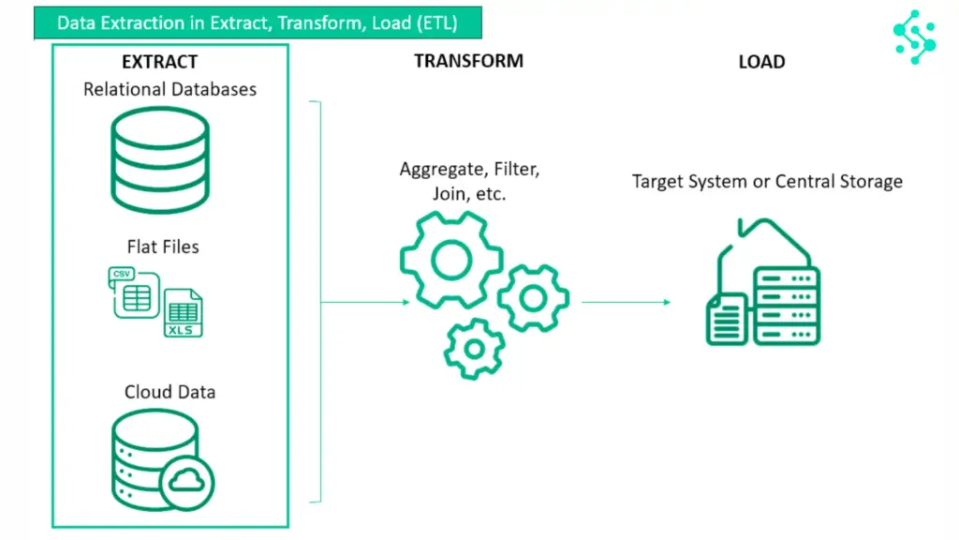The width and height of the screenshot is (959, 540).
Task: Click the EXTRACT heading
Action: pyautogui.click(x=160, y=62)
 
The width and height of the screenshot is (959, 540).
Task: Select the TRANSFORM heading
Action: pyautogui.click(x=468, y=61)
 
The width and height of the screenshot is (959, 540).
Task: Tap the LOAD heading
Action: pyautogui.click(x=761, y=62)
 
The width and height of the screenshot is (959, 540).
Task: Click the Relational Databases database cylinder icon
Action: pyautogui.click(x=160, y=160)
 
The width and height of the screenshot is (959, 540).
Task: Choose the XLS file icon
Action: pyautogui.click(x=183, y=314)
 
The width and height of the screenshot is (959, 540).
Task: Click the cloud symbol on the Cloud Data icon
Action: pyautogui.click(x=187, y=483)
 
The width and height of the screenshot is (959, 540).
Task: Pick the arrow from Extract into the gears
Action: pyautogui.click(x=365, y=302)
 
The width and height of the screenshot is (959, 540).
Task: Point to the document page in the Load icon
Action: pyautogui.click(x=725, y=320)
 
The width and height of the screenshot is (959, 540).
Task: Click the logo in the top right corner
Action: pyautogui.click(x=914, y=37)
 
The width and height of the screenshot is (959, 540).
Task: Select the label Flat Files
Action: pyautogui.click(x=163, y=247)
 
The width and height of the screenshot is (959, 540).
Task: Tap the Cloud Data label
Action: pyautogui.click(x=170, y=392)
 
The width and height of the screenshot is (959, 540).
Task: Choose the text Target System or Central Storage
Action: pyautogui.click(x=767, y=181)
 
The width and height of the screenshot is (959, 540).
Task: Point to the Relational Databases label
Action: pyautogui.click(x=170, y=90)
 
